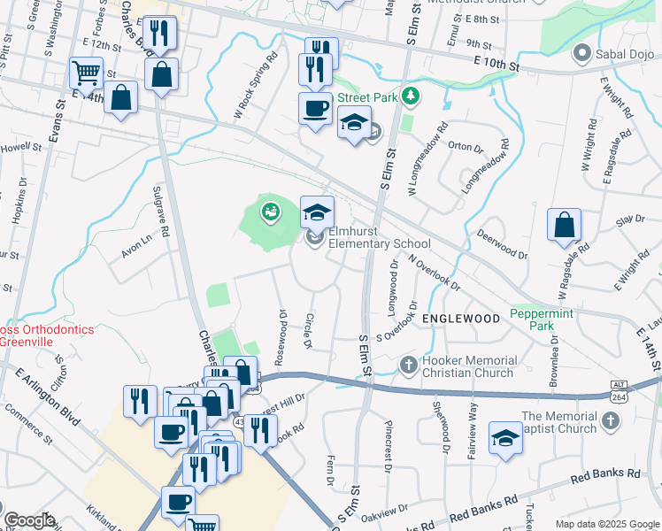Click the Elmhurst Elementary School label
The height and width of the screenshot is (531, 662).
[380, 238]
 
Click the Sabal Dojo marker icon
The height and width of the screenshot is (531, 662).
[581, 54]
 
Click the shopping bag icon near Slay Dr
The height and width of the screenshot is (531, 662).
[564, 226]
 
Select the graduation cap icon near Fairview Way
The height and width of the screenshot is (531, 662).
[505, 439]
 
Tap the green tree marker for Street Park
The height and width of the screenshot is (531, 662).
[410, 95]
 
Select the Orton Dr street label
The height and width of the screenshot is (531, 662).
[464, 147]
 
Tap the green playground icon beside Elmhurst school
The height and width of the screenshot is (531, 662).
[269, 211]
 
